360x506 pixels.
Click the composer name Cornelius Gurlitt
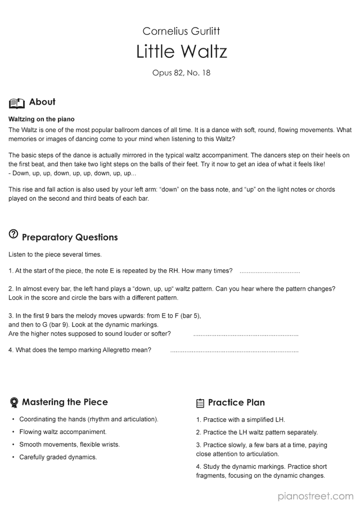(181, 31)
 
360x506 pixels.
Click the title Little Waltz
(181, 52)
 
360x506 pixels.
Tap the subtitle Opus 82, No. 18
(181, 73)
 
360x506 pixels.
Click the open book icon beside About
(17, 103)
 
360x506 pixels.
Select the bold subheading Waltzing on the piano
(42, 119)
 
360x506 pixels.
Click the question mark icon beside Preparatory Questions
(13, 235)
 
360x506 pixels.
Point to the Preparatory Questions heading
(70, 237)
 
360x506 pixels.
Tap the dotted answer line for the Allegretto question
(234, 351)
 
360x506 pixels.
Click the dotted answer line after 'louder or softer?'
(245, 335)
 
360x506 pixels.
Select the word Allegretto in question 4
(119, 350)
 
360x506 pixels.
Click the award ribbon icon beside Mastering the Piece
(14, 403)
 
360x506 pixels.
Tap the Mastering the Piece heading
(65, 402)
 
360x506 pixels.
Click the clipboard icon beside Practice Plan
(200, 403)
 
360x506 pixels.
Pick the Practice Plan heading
(236, 403)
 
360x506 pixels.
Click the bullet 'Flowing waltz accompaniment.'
(63, 432)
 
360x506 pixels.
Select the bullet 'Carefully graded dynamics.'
(58, 457)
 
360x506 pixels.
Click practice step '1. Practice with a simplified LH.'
(241, 419)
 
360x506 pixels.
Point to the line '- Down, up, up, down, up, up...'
(73, 173)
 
